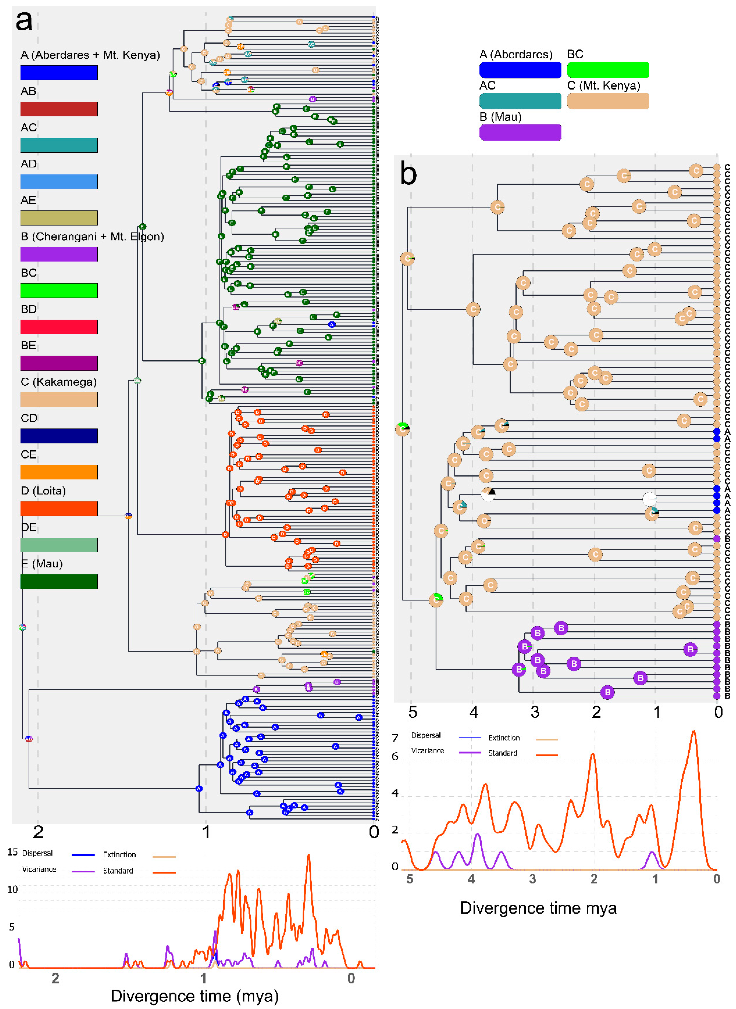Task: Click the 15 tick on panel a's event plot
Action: click(12, 852)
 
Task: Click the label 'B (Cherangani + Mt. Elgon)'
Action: click(92, 236)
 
